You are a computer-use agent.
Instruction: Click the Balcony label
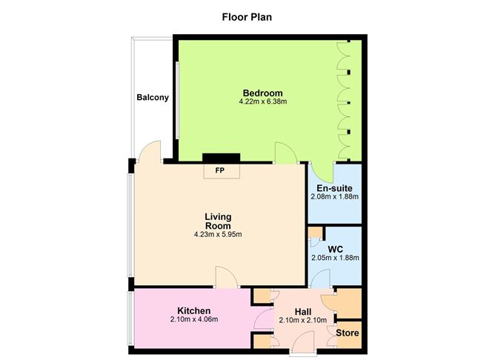[x=152, y=98]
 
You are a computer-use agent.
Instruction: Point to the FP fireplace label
[x=220, y=170]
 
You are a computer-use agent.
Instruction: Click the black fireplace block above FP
[x=221, y=158]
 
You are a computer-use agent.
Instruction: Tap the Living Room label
[x=218, y=221]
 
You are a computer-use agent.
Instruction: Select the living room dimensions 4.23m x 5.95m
[x=218, y=235]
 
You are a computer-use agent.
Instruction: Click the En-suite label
[x=334, y=188]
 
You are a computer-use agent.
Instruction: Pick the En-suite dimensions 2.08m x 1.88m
[x=334, y=197]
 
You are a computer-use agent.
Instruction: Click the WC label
[x=335, y=249]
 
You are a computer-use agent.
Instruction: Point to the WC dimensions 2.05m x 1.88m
[x=334, y=258]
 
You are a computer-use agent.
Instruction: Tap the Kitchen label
[x=193, y=310]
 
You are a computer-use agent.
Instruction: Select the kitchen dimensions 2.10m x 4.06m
[x=193, y=320]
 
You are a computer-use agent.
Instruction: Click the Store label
[x=348, y=333]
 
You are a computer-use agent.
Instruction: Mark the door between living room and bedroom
[x=285, y=154]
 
